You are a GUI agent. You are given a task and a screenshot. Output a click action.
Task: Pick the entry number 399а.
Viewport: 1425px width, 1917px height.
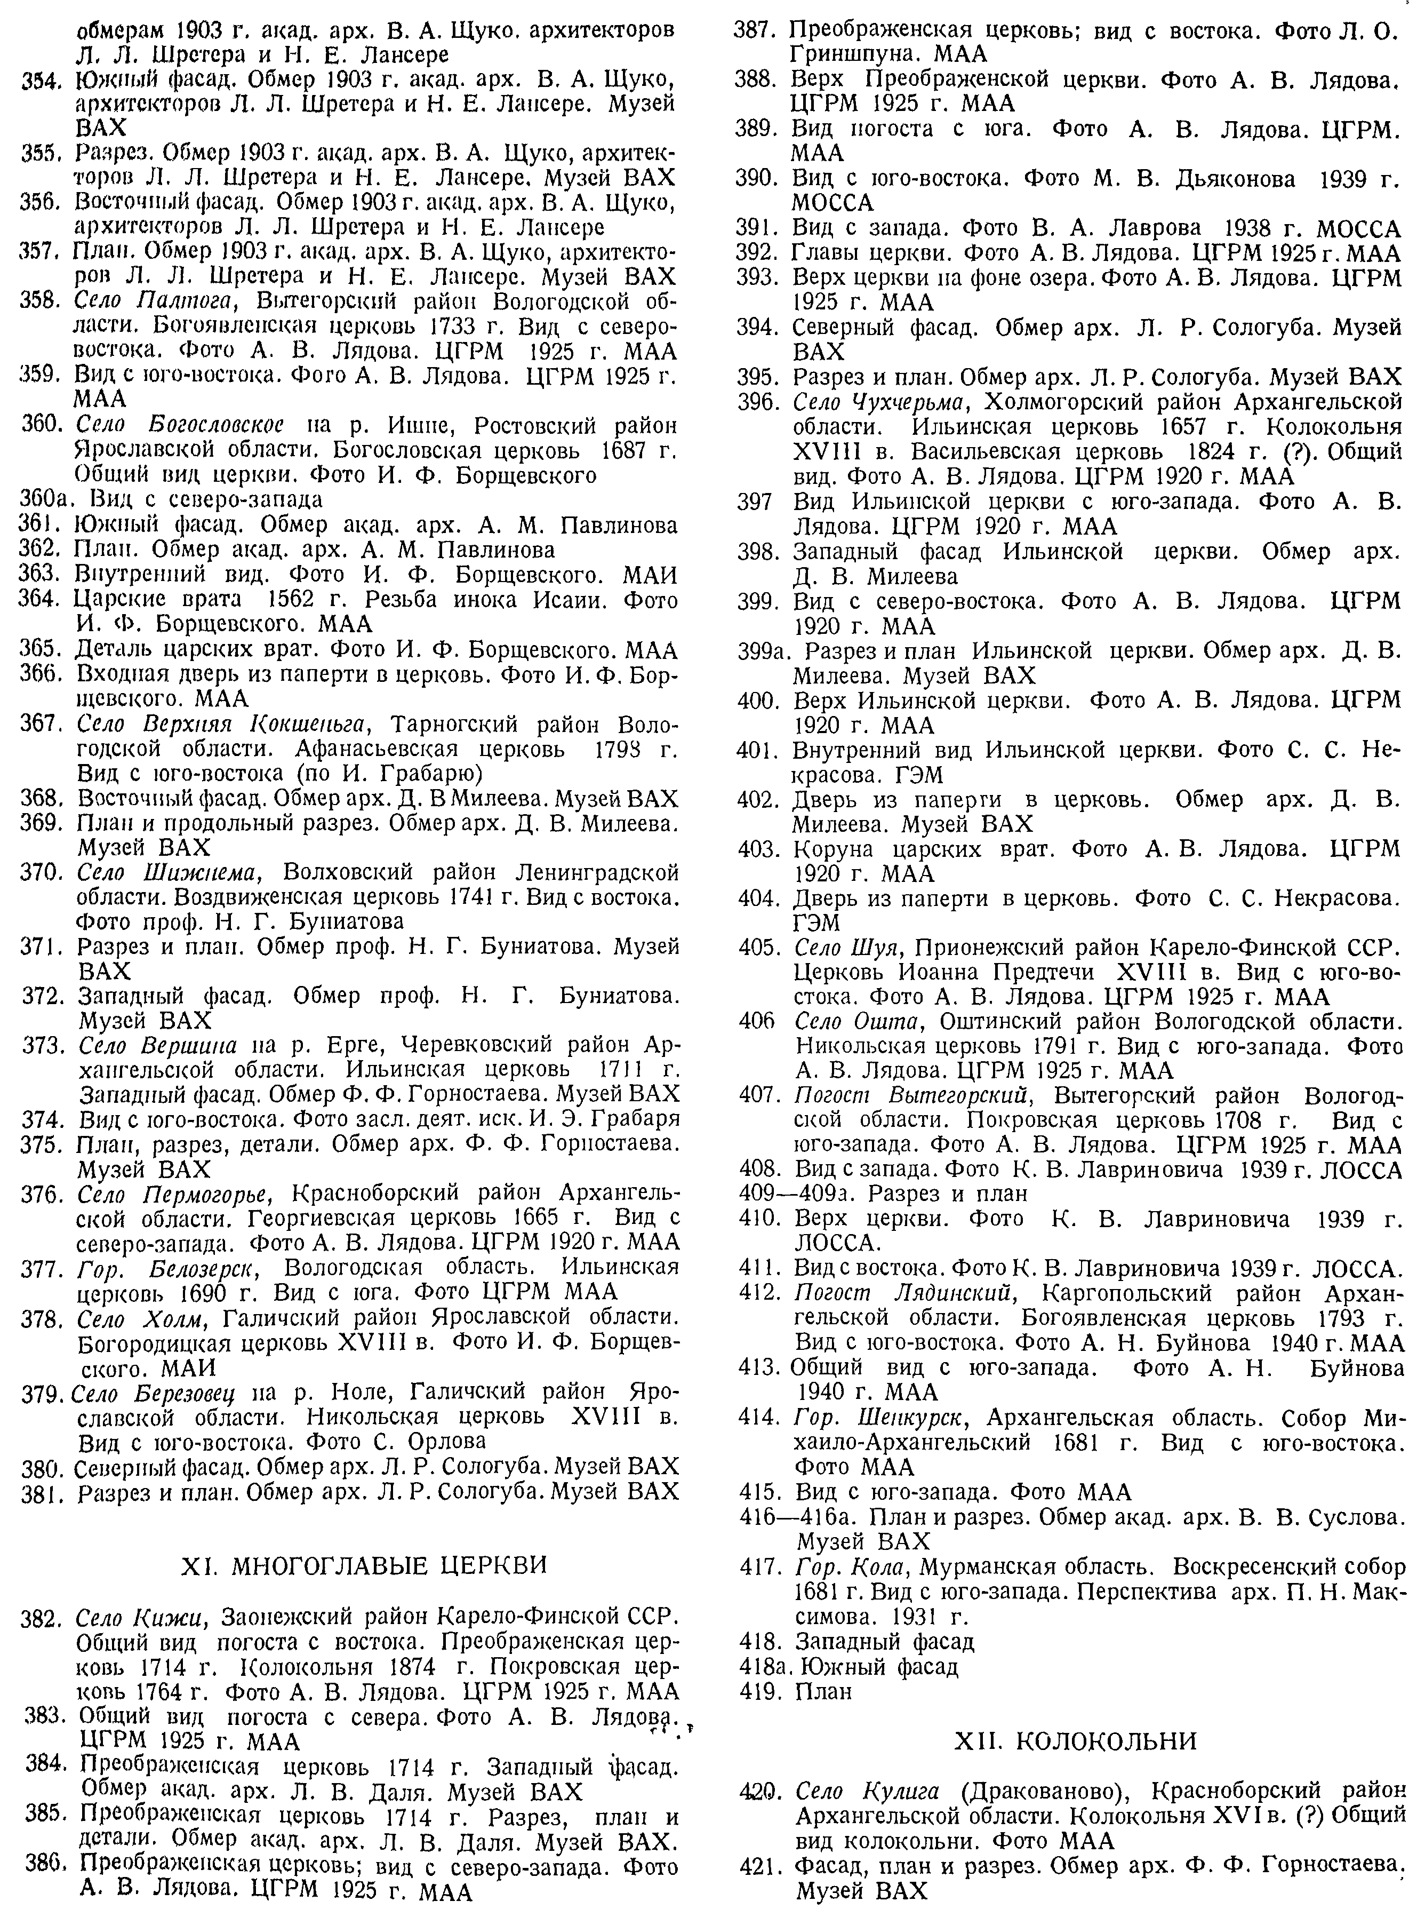point(760,650)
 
